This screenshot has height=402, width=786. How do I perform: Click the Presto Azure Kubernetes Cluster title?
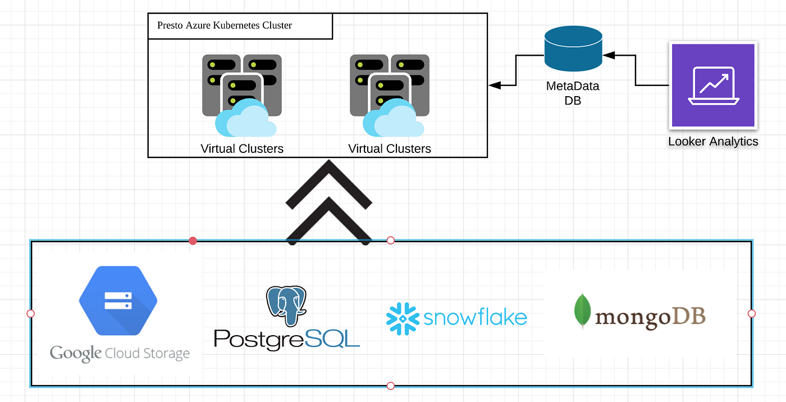pyautogui.click(x=225, y=26)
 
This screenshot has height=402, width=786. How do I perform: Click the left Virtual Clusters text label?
pyautogui.click(x=242, y=149)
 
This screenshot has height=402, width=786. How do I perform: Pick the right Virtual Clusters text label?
pyautogui.click(x=390, y=149)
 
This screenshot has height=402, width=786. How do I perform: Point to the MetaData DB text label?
pyautogui.click(x=573, y=93)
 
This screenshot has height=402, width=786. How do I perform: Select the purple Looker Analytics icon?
pyautogui.click(x=713, y=85)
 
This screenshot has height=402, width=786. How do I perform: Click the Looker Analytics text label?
pyautogui.click(x=713, y=142)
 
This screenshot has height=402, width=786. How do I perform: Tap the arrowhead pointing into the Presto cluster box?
pyautogui.click(x=494, y=85)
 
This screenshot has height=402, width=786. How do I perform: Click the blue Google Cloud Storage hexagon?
pyautogui.click(x=118, y=301)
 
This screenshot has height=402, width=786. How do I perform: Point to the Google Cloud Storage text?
pyautogui.click(x=120, y=354)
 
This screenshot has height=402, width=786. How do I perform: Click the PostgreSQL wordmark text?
pyautogui.click(x=287, y=338)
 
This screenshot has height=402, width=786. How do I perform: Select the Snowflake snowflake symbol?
pyautogui.click(x=403, y=318)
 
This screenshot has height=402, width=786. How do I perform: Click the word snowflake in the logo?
pyautogui.click(x=475, y=318)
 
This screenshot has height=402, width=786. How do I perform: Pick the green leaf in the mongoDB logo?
pyautogui.click(x=582, y=310)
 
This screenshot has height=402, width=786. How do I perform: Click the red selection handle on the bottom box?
pyautogui.click(x=193, y=241)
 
